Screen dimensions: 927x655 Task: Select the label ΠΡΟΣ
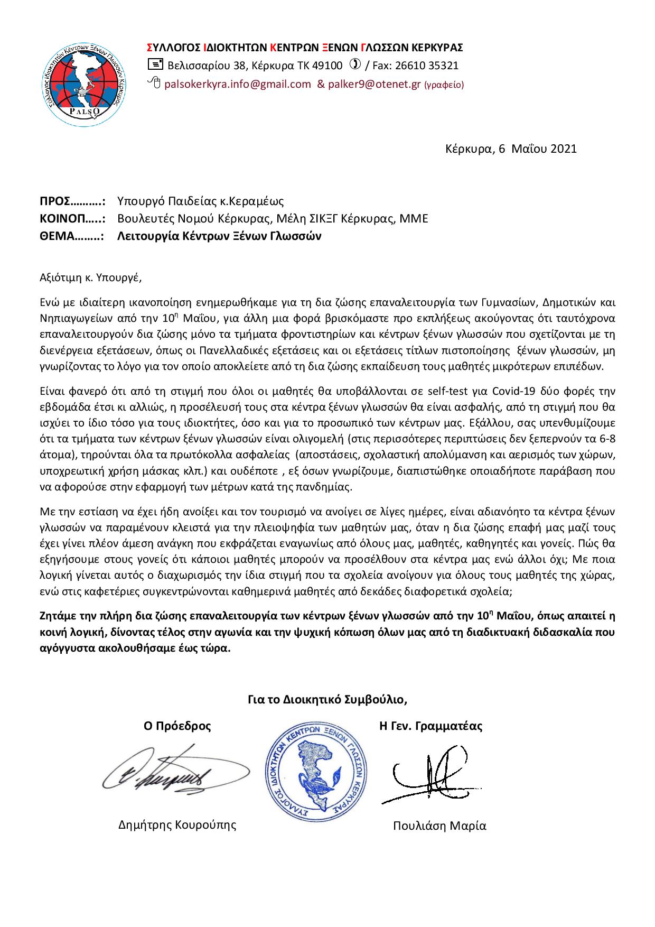(55, 201)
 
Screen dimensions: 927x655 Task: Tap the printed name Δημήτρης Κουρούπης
(177, 824)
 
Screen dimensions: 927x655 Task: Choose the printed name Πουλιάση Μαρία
(439, 826)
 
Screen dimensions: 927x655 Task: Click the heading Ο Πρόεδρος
(177, 726)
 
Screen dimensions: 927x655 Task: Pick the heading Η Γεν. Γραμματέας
(431, 726)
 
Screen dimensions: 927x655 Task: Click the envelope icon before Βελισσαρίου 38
(156, 65)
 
